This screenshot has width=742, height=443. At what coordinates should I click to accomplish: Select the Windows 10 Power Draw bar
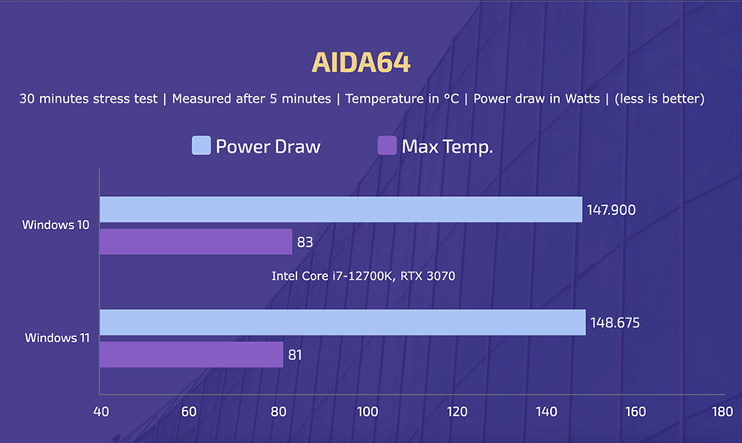(x=340, y=209)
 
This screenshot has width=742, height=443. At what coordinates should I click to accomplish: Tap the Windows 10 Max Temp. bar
(x=196, y=242)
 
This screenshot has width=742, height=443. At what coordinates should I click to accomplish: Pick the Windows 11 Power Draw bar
(x=342, y=322)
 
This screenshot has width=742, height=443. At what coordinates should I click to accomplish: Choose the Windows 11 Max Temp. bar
(x=191, y=354)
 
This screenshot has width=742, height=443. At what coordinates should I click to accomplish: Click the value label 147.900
(x=611, y=210)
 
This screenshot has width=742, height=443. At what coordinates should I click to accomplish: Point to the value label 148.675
(x=614, y=323)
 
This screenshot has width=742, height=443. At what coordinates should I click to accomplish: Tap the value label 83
(x=306, y=243)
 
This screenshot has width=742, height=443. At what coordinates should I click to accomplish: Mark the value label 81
(x=296, y=355)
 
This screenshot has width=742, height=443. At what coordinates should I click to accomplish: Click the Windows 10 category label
(x=57, y=224)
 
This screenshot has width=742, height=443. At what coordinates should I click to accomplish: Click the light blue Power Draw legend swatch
(x=201, y=146)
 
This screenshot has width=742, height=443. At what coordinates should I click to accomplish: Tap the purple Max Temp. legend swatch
(x=387, y=146)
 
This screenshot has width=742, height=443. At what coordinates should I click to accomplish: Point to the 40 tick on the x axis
(x=99, y=411)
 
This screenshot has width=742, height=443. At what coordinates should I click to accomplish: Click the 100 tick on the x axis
(x=366, y=411)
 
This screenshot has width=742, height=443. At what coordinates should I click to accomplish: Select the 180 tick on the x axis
(x=722, y=411)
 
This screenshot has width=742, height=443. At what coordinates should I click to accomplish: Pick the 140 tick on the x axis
(x=545, y=411)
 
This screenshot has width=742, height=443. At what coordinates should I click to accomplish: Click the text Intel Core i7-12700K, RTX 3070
(x=363, y=276)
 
